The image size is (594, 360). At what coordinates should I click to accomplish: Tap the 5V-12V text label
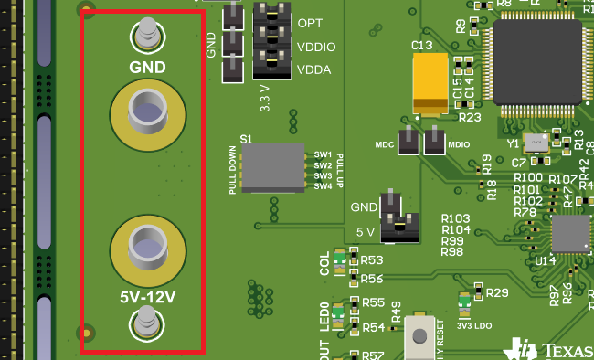point(147,297)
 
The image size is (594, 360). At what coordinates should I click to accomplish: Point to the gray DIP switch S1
point(272,167)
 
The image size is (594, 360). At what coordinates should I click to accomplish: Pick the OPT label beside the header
point(309,22)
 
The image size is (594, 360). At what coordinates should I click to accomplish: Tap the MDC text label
point(385,144)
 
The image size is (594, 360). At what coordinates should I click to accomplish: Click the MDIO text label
point(460,144)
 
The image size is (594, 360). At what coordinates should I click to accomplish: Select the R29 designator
point(497,292)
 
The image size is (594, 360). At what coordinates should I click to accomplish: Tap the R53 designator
point(372,261)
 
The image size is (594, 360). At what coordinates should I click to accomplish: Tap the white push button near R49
point(419,336)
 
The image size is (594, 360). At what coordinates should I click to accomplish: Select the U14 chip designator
point(546,261)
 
